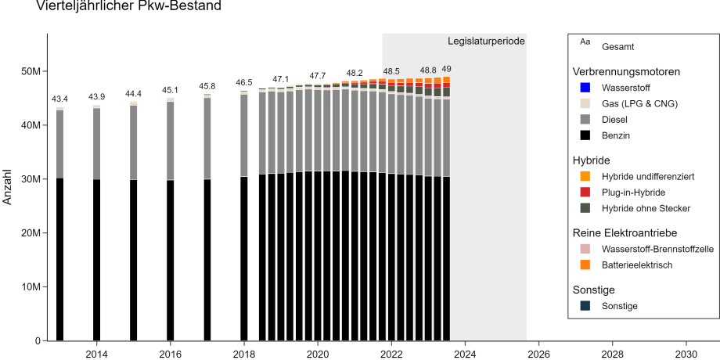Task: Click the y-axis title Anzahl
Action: pos(9,187)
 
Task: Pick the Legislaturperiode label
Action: pos(486,41)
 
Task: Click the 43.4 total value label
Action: pos(59,99)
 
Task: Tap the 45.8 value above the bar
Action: pos(207,86)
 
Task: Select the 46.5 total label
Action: pos(244,82)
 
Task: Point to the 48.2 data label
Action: pos(355,73)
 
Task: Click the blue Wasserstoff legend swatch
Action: pos(584,88)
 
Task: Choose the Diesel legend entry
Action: pos(615,120)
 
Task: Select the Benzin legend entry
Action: pos(616,135)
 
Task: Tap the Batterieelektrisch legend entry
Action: pos(637,265)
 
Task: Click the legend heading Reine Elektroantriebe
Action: pos(625,232)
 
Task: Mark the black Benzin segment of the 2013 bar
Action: pos(59,259)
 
